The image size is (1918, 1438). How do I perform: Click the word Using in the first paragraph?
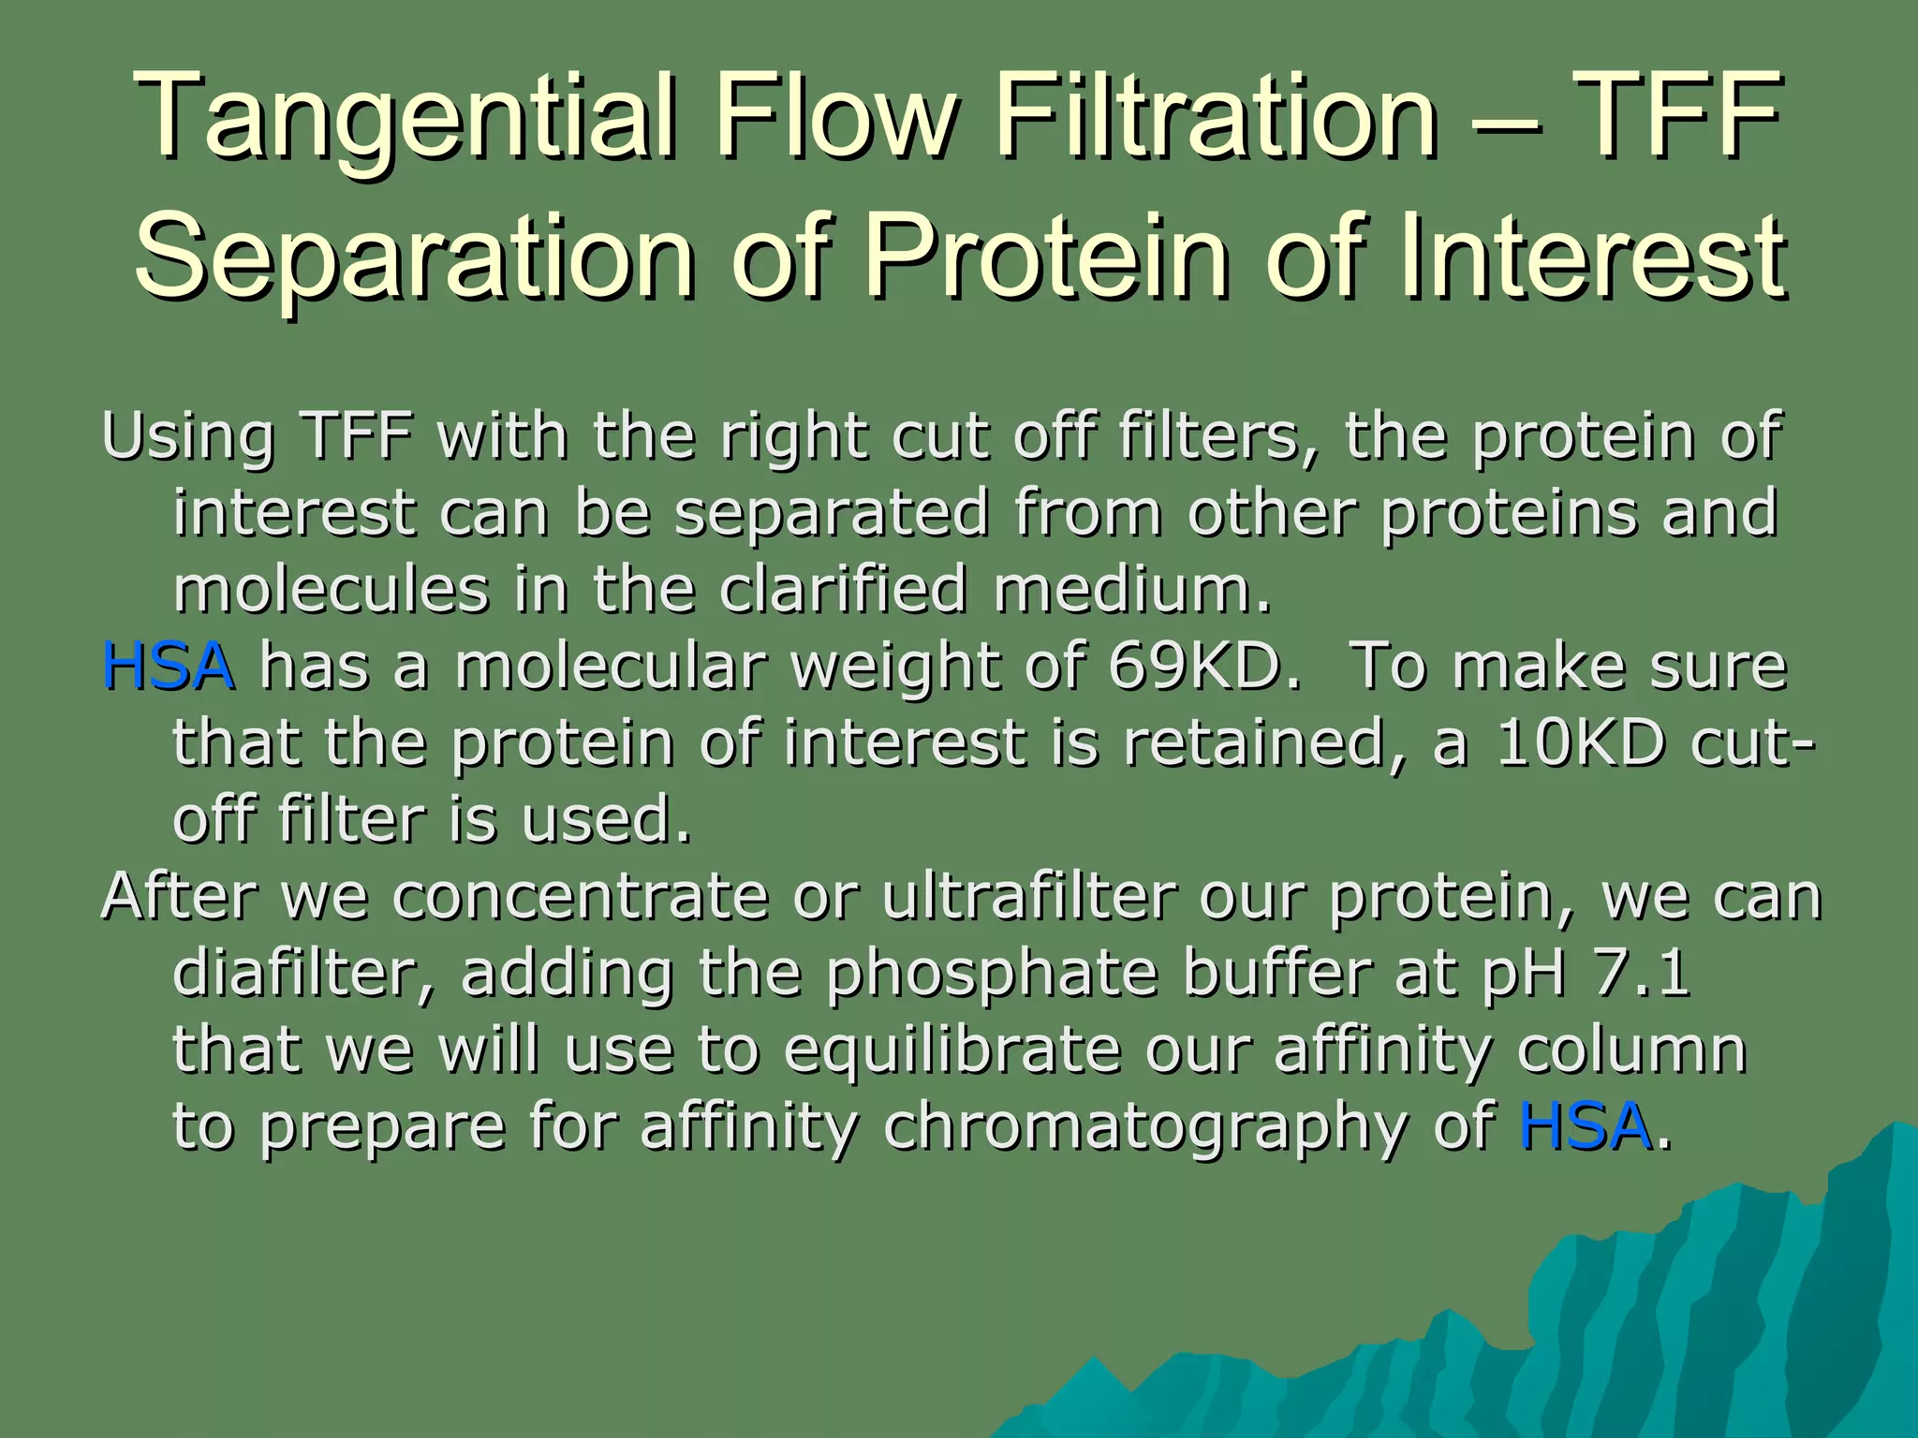point(187,437)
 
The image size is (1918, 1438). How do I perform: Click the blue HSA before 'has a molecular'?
point(168,667)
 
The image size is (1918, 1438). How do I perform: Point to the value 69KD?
point(1204,667)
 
